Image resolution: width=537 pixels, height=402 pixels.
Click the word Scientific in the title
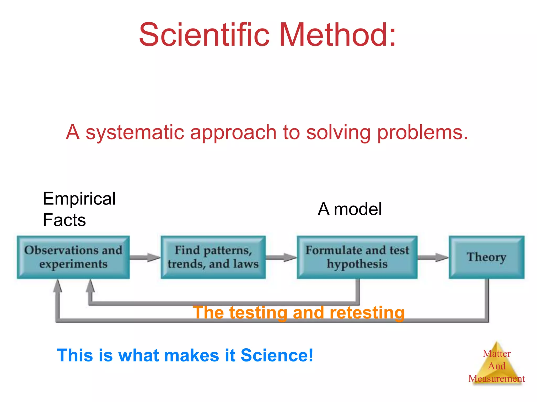click(x=204, y=35)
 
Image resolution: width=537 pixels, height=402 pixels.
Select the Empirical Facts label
click(x=79, y=209)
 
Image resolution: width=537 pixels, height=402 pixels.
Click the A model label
click(x=350, y=209)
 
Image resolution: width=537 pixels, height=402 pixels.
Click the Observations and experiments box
click(x=73, y=257)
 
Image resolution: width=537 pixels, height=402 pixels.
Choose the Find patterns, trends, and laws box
click(x=213, y=257)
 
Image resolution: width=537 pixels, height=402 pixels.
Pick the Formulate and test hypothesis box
click(x=357, y=257)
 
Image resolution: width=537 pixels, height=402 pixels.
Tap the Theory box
click(x=486, y=257)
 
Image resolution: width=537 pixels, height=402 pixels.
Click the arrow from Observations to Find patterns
click(x=145, y=257)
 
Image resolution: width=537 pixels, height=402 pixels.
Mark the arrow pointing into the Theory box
click(x=433, y=257)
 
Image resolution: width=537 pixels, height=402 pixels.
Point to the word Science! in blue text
click(x=277, y=355)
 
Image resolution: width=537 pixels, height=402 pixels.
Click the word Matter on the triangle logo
click(x=496, y=354)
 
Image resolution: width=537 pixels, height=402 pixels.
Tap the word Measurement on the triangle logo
click(x=496, y=378)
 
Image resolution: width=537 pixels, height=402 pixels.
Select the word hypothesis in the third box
click(x=357, y=264)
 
